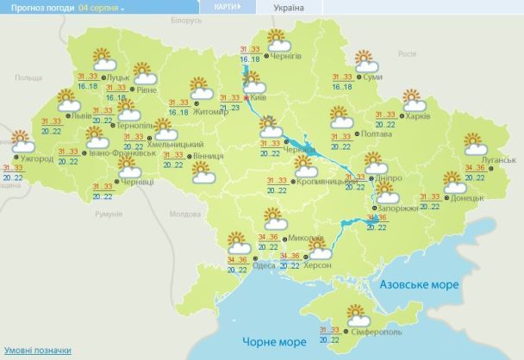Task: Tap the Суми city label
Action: (373, 78)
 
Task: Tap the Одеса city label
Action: (265, 266)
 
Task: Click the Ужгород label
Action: (36, 159)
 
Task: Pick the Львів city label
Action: (83, 115)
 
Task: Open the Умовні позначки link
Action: (33, 351)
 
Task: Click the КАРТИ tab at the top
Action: (221, 7)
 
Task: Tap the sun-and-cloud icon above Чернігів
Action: (278, 38)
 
